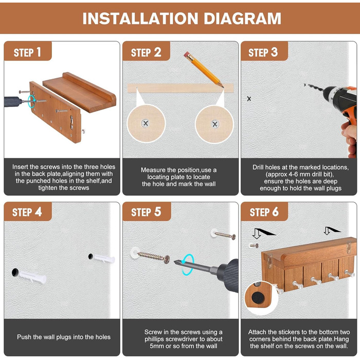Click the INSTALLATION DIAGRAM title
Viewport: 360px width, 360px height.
pos(182,19)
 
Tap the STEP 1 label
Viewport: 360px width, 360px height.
pos(27,52)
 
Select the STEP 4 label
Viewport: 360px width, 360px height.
pos(27,212)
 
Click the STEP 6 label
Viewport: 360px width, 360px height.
pos(264,212)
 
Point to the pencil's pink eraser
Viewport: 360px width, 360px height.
pos(187,55)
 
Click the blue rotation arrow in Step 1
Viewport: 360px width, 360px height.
pos(32,101)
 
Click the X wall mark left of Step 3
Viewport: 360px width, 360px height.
pos(249,99)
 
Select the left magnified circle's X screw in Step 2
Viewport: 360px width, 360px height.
pos(146,123)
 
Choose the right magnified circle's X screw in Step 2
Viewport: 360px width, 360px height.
pos(214,124)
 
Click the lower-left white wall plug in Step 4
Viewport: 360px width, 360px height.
pos(32,277)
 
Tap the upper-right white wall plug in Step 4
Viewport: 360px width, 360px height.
pos(104,259)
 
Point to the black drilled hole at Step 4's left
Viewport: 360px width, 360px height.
pos(15,272)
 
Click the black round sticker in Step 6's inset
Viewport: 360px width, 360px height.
pos(258,297)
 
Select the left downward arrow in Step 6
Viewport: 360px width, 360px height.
pos(257,233)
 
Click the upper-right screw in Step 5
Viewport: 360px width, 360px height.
pos(223,234)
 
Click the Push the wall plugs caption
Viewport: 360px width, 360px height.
pos(64,337)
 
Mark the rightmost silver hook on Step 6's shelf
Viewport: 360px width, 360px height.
pos(349,273)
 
